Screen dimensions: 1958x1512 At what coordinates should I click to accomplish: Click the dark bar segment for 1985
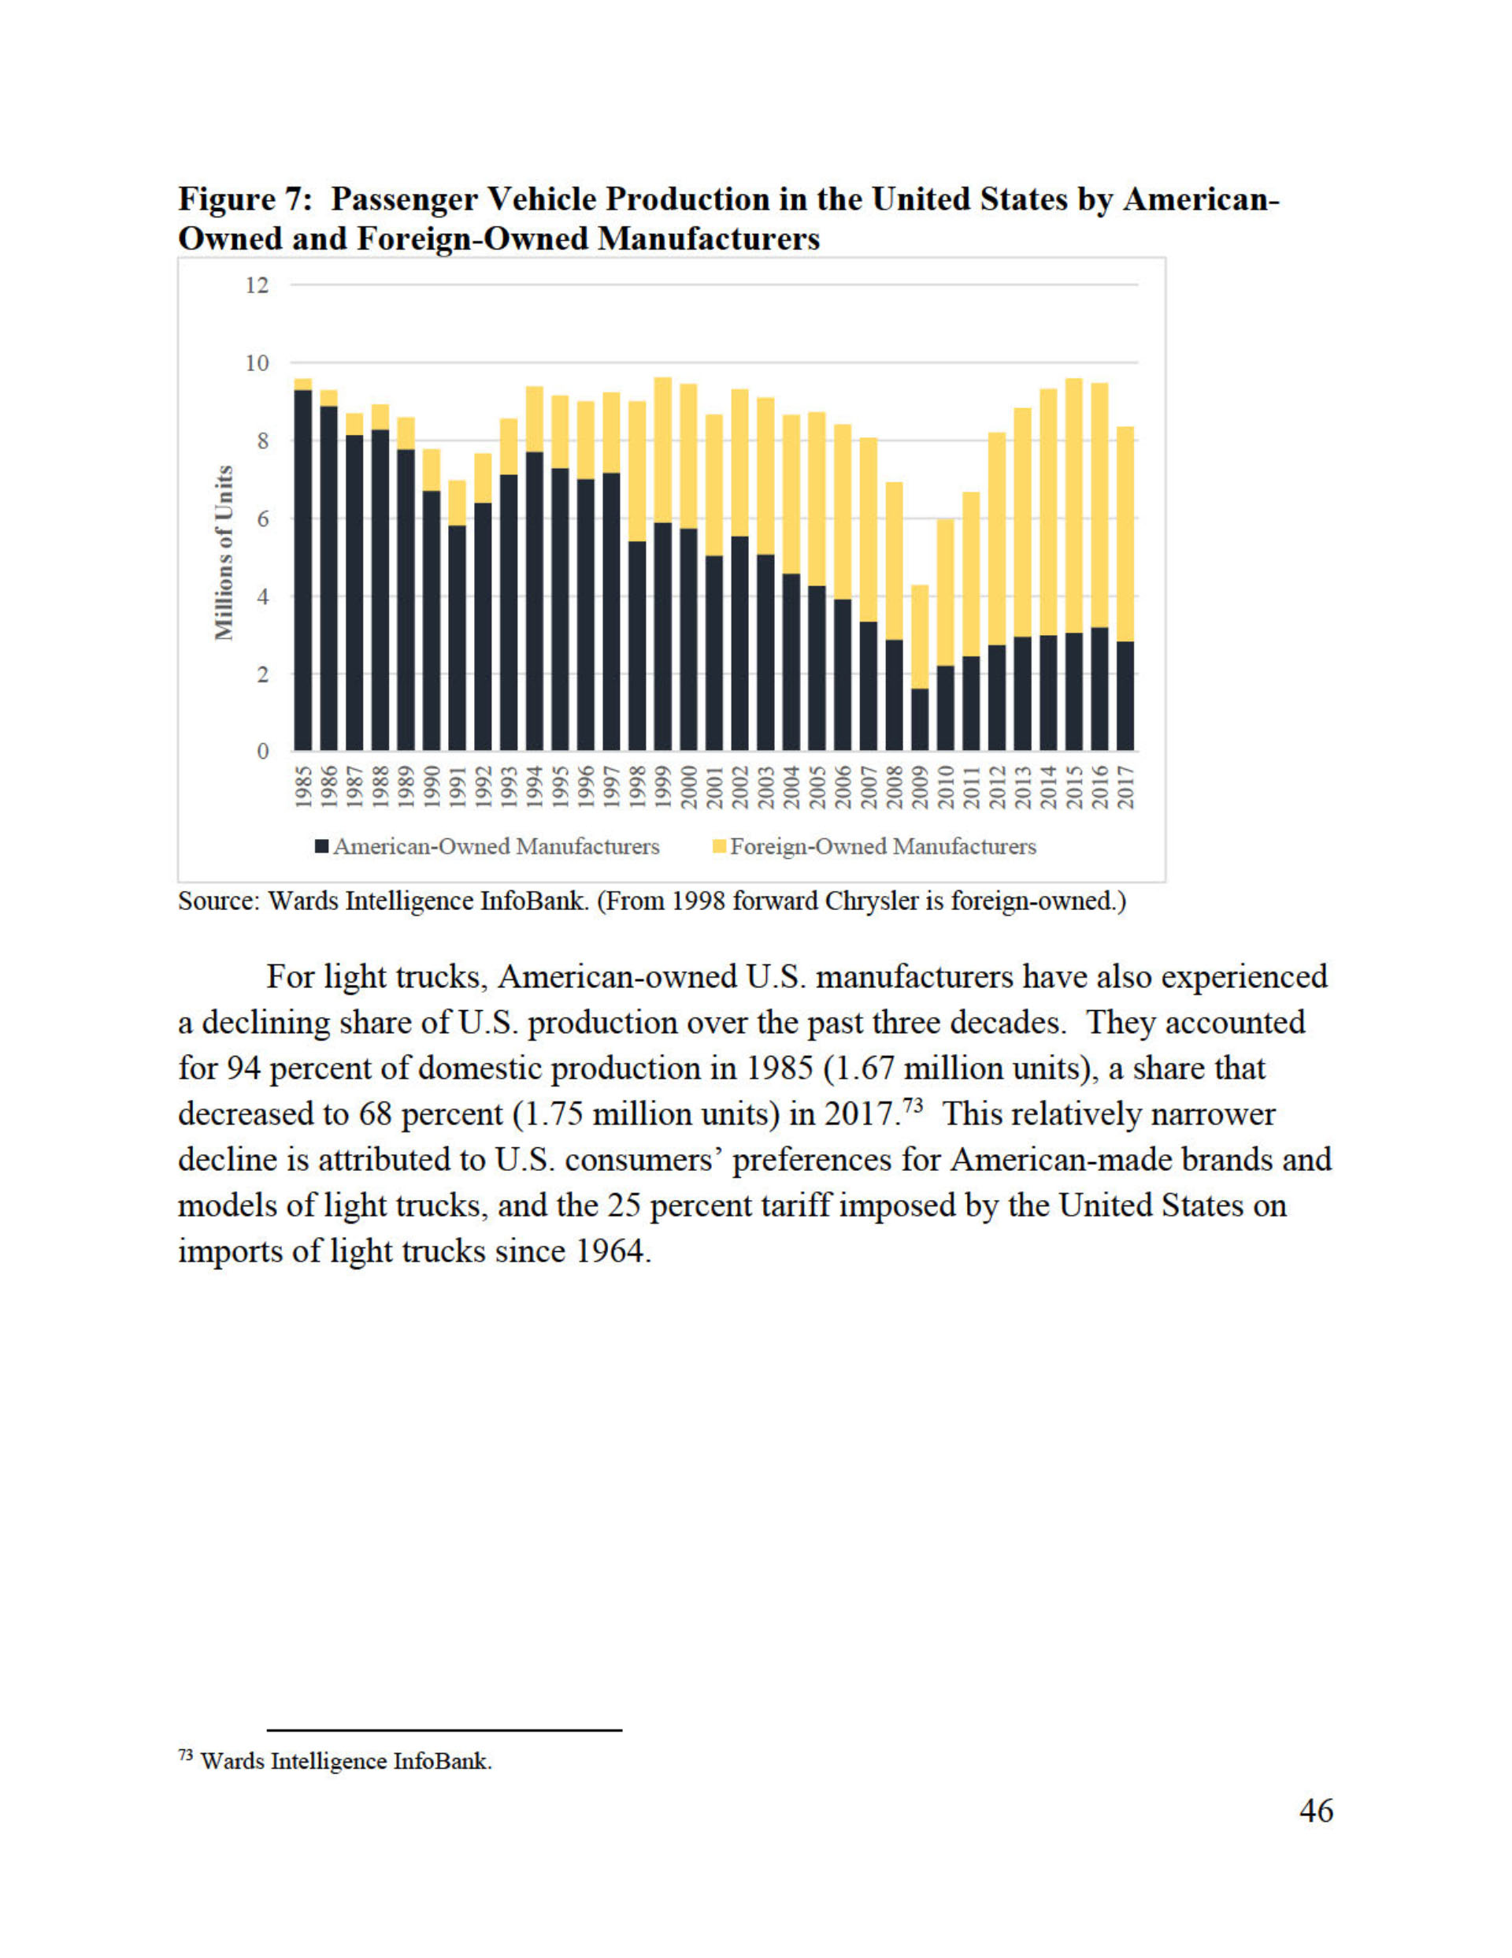click(303, 570)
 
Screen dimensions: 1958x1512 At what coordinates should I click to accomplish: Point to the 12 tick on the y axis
click(258, 285)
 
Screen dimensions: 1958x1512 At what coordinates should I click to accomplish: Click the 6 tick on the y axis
click(261, 518)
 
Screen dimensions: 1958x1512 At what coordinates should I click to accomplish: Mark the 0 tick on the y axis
click(261, 751)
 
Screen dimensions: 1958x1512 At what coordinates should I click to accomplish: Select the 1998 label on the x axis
click(638, 786)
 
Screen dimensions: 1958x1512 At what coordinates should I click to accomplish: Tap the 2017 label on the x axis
click(1125, 786)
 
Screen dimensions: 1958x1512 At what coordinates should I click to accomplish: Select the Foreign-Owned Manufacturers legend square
click(719, 846)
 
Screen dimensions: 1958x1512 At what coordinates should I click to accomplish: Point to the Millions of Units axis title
click(224, 552)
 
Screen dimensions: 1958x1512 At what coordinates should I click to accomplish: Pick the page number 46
click(1316, 1810)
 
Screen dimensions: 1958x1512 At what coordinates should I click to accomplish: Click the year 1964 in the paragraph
click(609, 1250)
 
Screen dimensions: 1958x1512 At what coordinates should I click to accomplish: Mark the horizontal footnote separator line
click(445, 1730)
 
